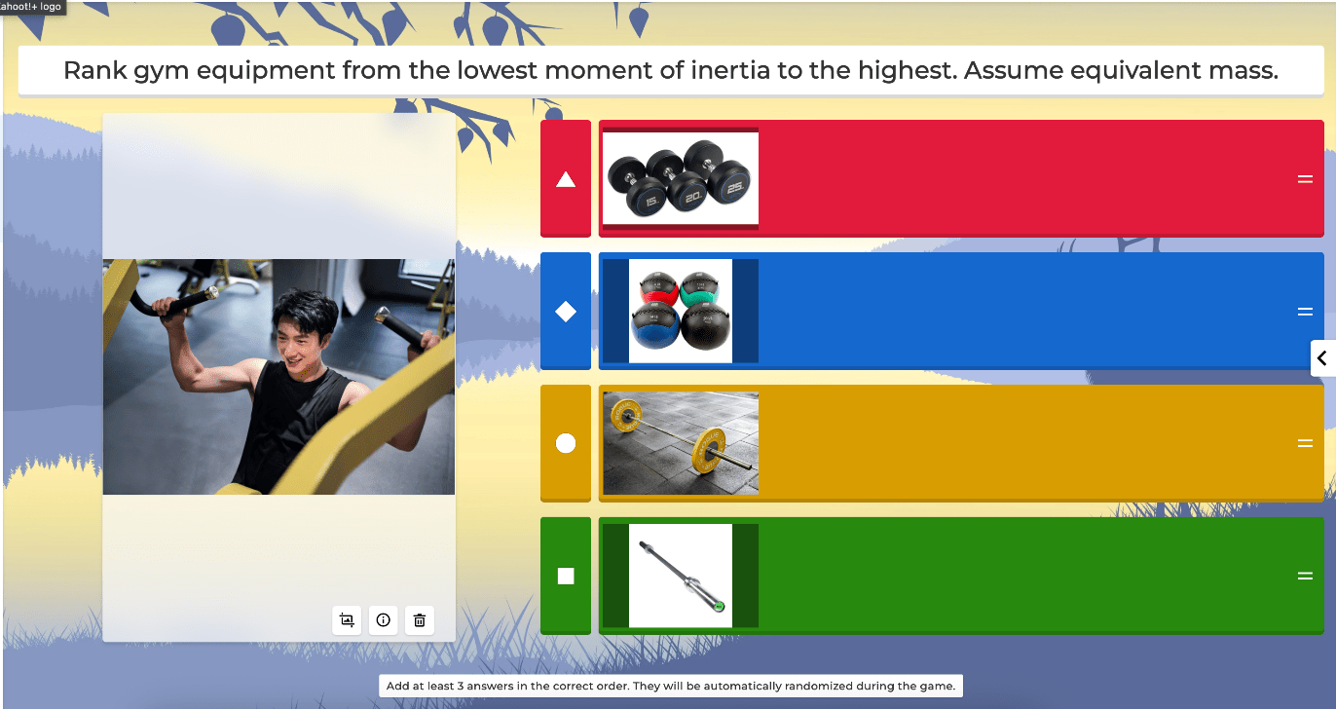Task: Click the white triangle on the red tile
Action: coord(566,179)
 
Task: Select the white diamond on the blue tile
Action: coord(566,312)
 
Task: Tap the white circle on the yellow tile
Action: coord(566,444)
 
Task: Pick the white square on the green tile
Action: coord(566,576)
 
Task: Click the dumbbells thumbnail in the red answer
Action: coord(681,178)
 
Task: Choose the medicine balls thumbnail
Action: coord(681,311)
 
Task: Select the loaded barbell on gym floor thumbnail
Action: coord(681,443)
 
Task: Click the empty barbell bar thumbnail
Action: coord(681,576)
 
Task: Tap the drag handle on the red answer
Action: coord(1305,179)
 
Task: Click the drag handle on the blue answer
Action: coord(1305,312)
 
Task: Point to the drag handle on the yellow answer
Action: coord(1305,443)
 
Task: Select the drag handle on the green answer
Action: coord(1305,576)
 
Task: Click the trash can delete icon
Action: coord(420,620)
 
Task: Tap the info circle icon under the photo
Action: coord(383,620)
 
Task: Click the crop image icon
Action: coord(347,620)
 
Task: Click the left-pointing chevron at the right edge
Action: coord(1321,358)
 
